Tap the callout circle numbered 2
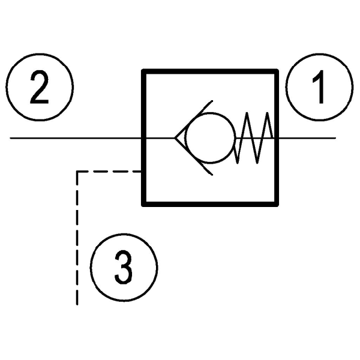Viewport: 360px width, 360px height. (x=41, y=88)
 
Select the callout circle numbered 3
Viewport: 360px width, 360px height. (x=124, y=266)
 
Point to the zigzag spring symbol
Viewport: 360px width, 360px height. (x=254, y=139)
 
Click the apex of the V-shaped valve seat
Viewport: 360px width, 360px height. (x=175, y=139)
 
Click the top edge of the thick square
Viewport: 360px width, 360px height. (x=210, y=71)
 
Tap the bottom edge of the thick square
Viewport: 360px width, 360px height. (x=210, y=204)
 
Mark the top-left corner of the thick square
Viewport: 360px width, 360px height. (x=143, y=71)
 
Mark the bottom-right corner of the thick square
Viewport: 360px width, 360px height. (x=277, y=204)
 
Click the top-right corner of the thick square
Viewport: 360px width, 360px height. (x=277, y=71)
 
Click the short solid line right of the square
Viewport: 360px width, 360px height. (x=306, y=139)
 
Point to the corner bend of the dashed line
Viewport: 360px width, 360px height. (x=77, y=172)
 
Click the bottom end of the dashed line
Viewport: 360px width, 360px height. (x=77, y=304)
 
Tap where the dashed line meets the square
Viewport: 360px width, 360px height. (x=142, y=172)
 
